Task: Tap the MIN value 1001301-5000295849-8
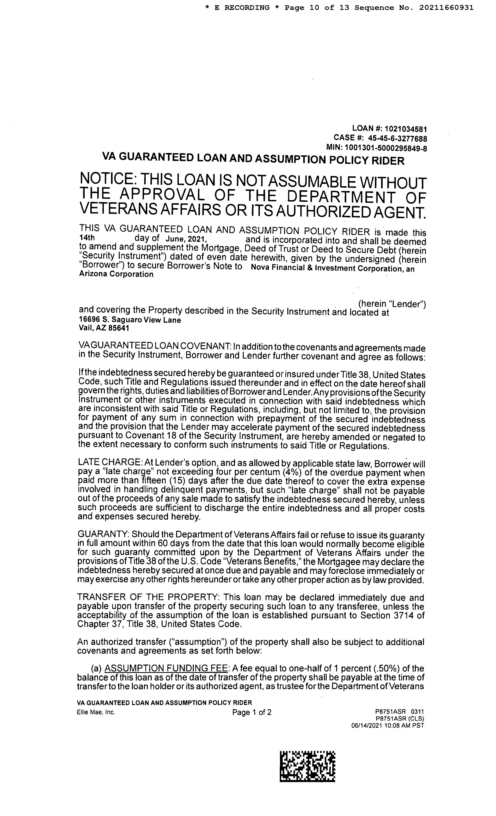click(386, 148)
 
